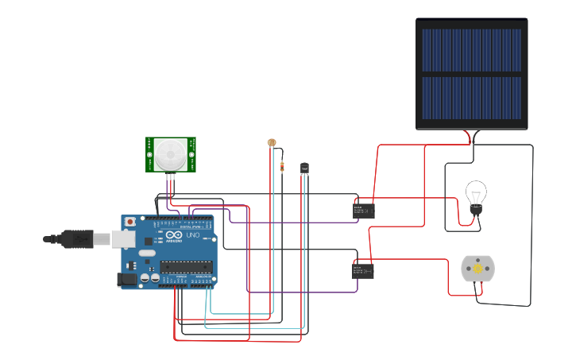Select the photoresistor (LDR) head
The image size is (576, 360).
(272, 142)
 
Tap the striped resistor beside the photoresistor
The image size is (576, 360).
(282, 166)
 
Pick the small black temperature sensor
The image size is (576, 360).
(304, 168)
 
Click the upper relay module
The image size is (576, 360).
(364, 210)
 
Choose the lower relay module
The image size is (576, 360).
(363, 271)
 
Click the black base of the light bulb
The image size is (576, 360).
(475, 210)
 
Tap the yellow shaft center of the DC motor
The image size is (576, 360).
(477, 269)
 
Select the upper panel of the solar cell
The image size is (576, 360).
(471, 50)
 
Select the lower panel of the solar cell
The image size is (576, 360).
(471, 98)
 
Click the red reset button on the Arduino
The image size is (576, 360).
(129, 222)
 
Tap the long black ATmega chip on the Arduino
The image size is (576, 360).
(187, 266)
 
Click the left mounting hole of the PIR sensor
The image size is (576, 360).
(149, 155)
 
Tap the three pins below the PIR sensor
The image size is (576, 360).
(170, 178)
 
